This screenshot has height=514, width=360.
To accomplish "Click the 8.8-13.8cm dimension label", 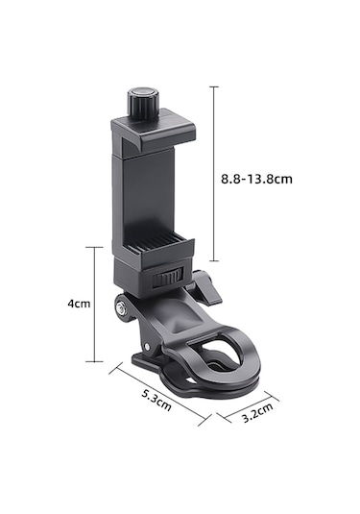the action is click(256, 179).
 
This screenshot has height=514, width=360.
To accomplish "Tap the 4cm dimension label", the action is click(79, 304).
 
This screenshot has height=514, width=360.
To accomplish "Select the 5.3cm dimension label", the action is click(156, 400).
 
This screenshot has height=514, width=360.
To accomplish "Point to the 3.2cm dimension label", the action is click(257, 413).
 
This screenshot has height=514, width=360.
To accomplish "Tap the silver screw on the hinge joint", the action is click(120, 307).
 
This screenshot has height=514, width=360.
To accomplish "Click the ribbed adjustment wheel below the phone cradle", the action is click(167, 279).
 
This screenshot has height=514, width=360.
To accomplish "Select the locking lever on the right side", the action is click(204, 287).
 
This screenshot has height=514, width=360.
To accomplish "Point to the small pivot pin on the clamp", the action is click(147, 346).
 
